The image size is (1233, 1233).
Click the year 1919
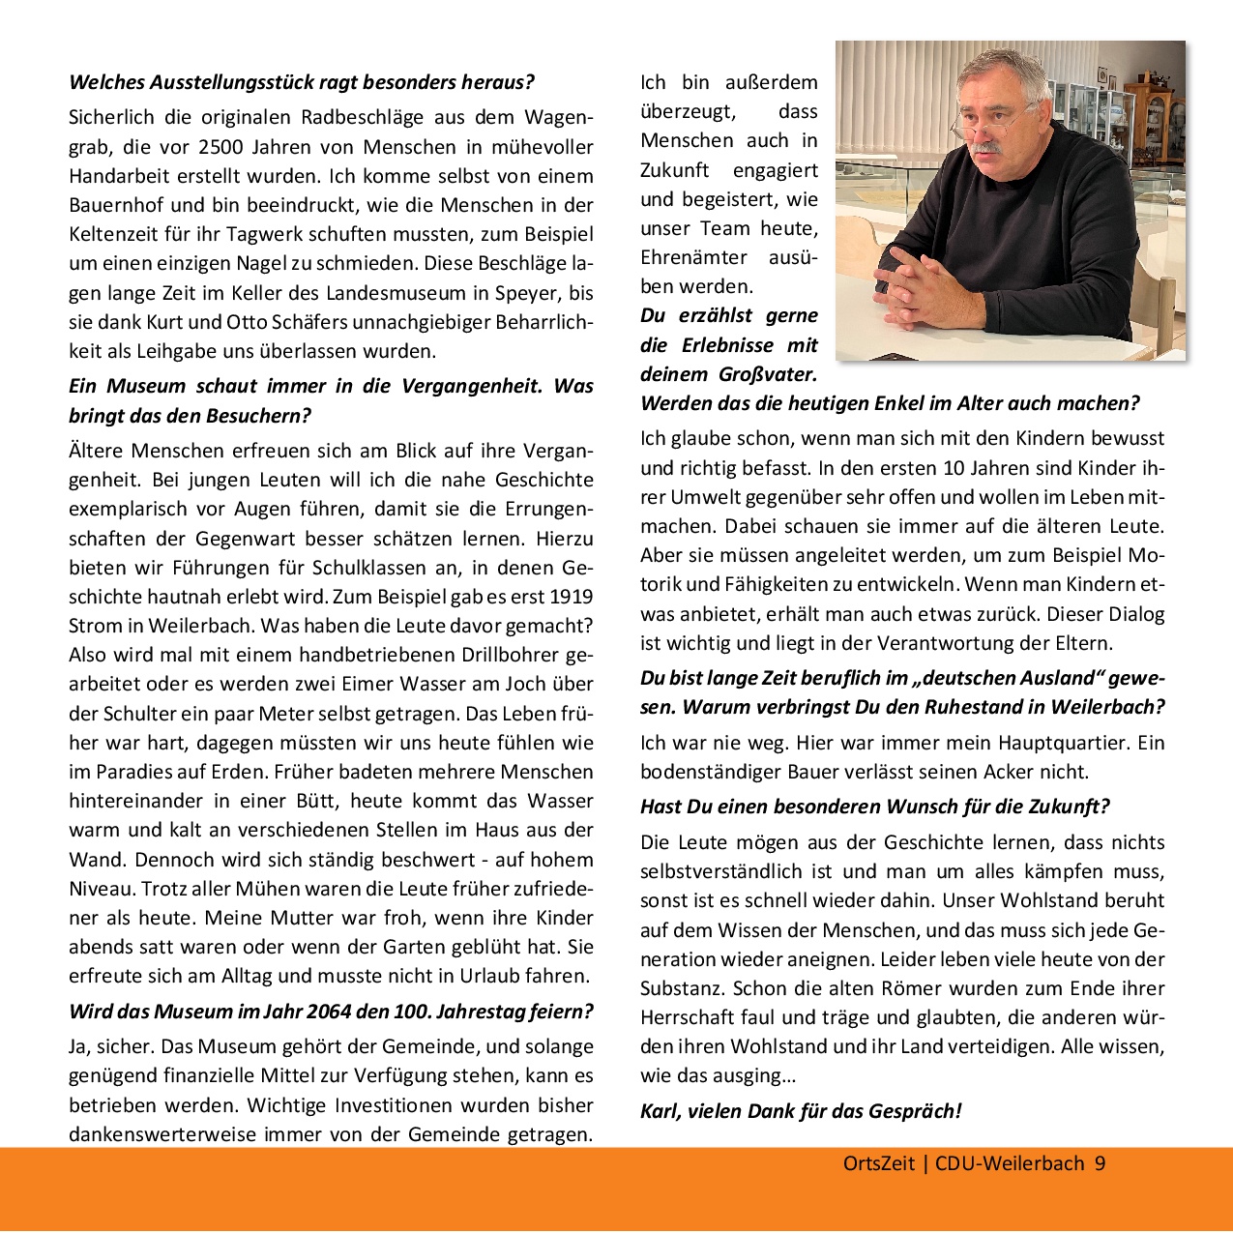[572, 597]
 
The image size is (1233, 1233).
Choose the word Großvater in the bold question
[768, 374]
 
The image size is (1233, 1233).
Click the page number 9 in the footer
[1100, 1163]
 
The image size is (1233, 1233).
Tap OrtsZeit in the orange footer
[878, 1163]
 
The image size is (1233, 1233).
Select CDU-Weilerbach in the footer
[1010, 1163]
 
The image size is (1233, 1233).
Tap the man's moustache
[987, 148]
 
